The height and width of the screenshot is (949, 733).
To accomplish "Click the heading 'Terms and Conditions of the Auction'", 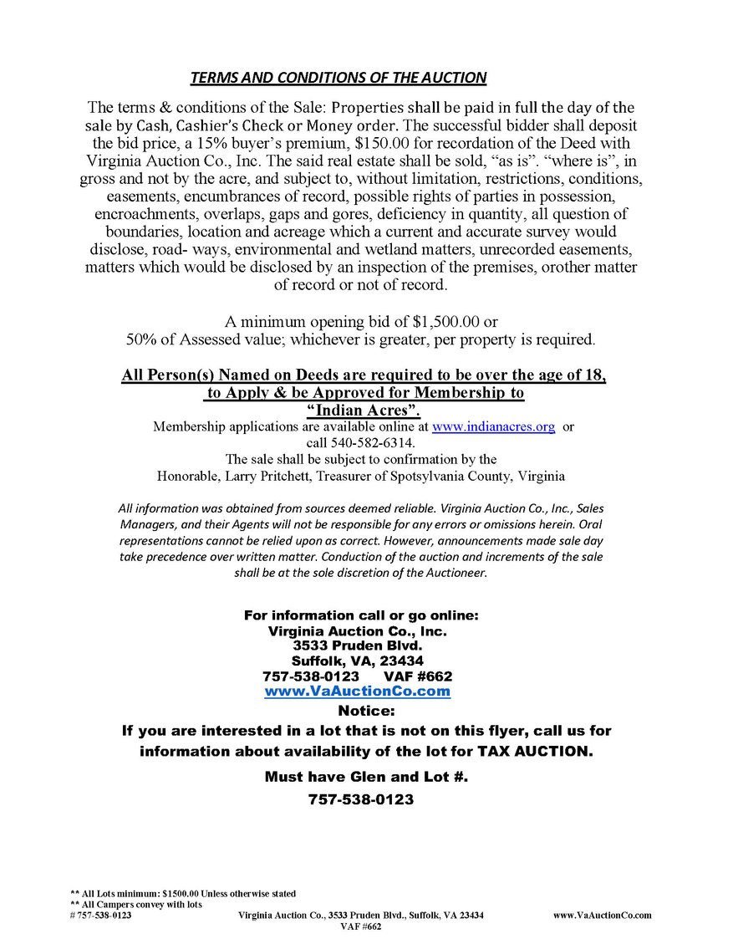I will click(x=338, y=78).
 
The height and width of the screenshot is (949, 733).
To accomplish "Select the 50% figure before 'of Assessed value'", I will click(x=140, y=339).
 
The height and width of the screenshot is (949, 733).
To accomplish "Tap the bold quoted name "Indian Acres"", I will click(x=363, y=410).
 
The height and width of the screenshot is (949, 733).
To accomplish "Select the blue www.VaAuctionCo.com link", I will click(x=357, y=691).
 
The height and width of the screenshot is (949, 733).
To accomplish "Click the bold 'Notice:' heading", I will click(x=365, y=712).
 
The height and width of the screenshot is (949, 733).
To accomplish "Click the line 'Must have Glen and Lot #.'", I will click(x=366, y=777).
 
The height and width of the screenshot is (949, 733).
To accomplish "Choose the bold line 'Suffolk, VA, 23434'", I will click(x=358, y=661).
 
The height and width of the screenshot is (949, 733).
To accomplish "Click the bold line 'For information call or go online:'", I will click(x=361, y=615).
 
